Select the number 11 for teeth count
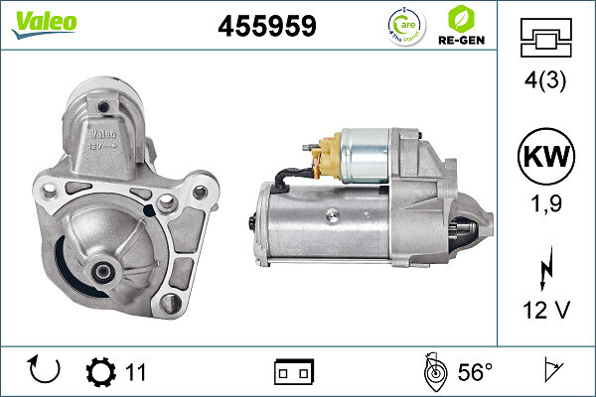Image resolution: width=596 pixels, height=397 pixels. click(136, 372)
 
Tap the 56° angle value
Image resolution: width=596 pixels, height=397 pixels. click(475, 372)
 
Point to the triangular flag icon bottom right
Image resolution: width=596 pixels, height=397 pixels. click(548, 372)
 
